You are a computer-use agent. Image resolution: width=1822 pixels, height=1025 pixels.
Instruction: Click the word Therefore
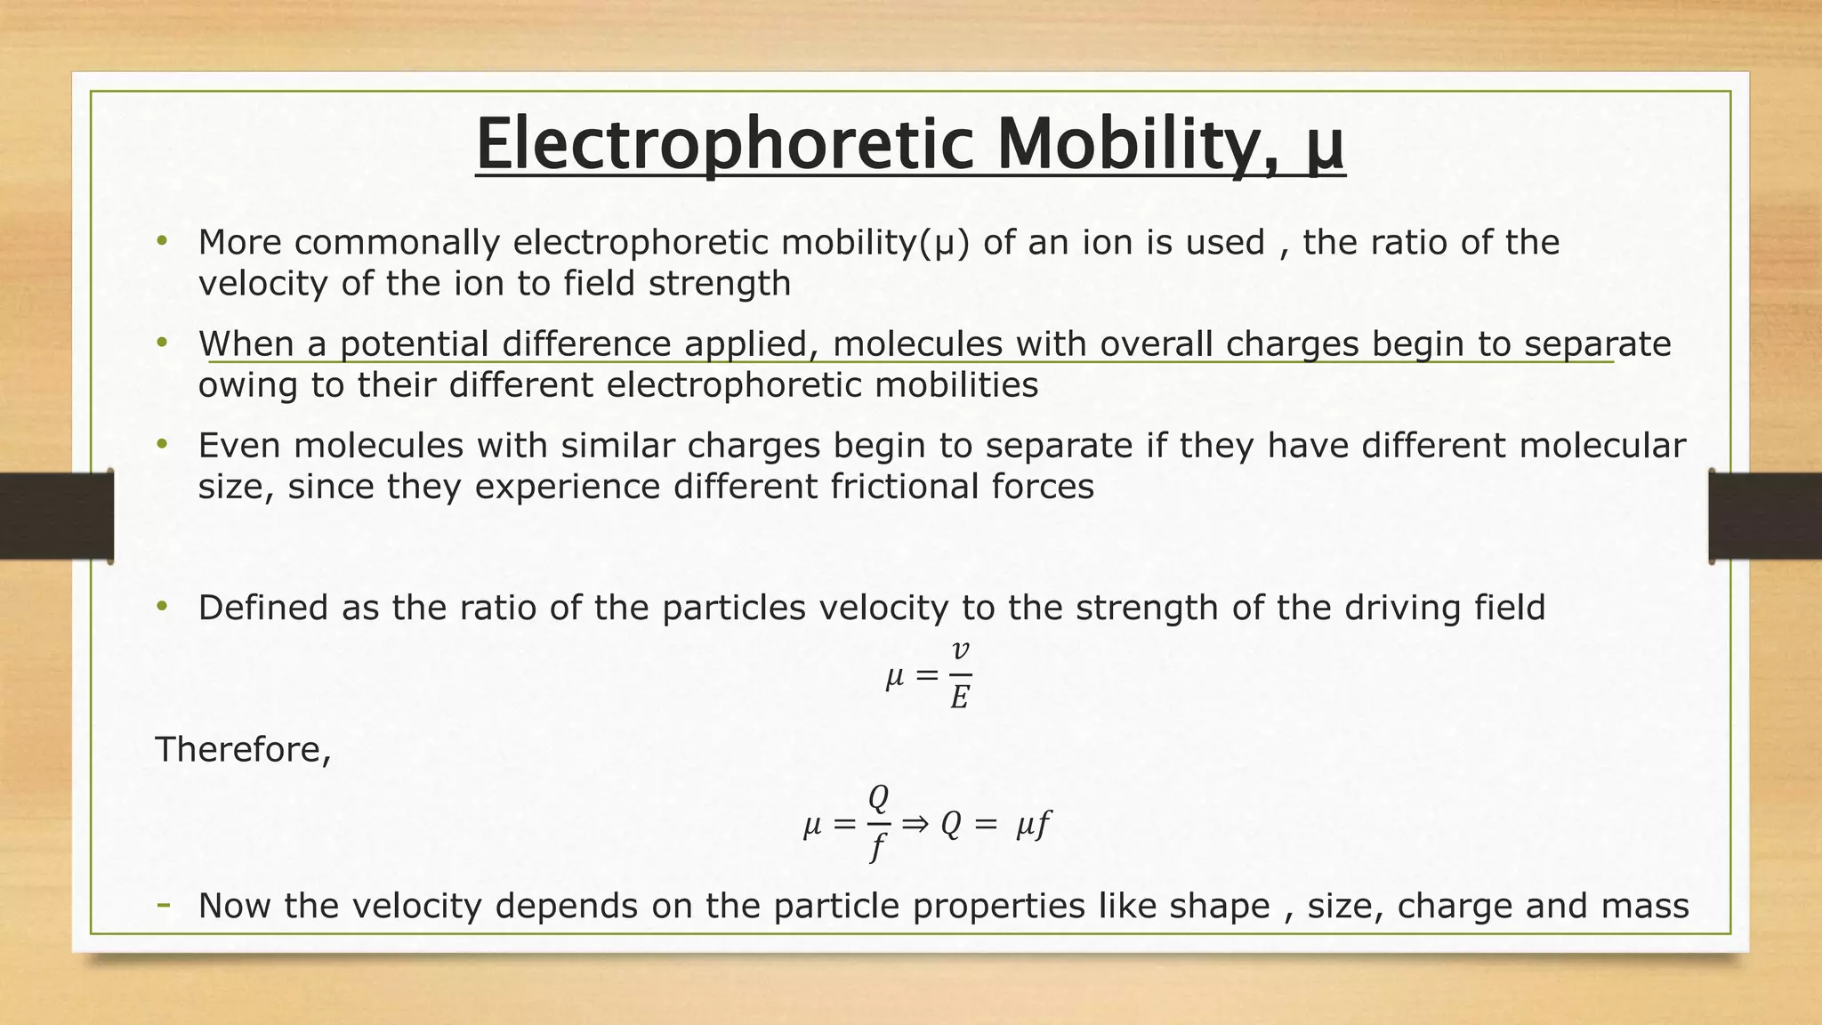pyautogui.click(x=243, y=749)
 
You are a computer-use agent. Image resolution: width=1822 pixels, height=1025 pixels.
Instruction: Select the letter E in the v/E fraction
pyautogui.click(x=959, y=698)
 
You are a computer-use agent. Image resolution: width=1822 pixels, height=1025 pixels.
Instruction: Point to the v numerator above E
pyautogui.click(x=960, y=651)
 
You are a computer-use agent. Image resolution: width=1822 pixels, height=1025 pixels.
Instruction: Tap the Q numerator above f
pyautogui.click(x=878, y=798)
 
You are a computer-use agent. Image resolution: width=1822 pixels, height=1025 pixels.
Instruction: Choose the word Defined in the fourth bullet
pyautogui.click(x=263, y=608)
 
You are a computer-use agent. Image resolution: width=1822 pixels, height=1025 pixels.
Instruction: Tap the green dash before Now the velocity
pyautogui.click(x=164, y=905)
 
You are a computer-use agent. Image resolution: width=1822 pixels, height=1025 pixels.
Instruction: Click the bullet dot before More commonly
pyautogui.click(x=161, y=241)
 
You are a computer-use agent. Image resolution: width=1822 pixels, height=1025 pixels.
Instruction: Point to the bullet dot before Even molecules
pyautogui.click(x=161, y=444)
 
